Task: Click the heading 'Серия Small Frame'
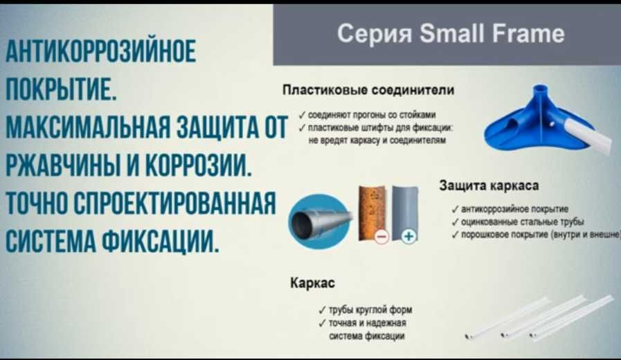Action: tap(451, 33)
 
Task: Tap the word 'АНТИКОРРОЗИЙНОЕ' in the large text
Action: tap(100, 53)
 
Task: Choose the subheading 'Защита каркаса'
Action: tap(488, 186)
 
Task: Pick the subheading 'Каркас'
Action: tap(312, 284)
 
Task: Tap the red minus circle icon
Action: tap(381, 237)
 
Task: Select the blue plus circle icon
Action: tap(409, 237)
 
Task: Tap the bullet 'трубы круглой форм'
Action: tap(370, 310)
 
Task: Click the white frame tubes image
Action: tap(536, 318)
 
